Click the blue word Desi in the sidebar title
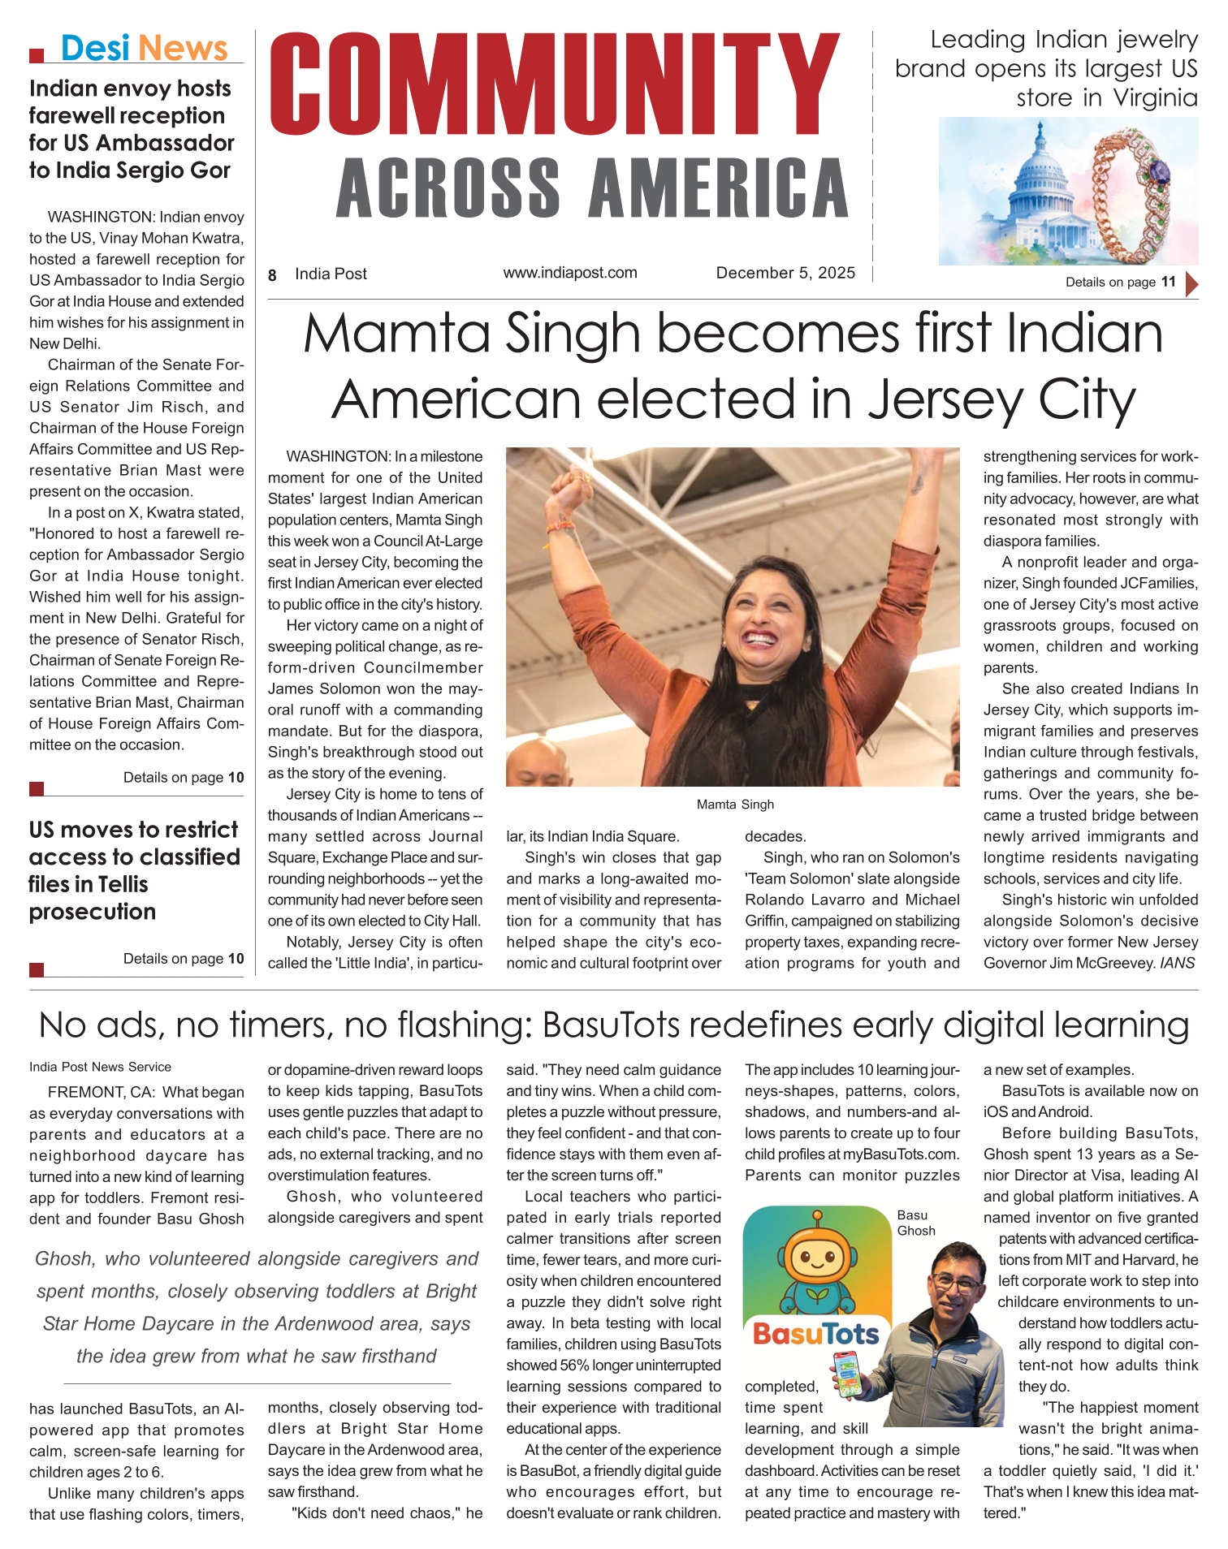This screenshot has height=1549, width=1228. click(x=95, y=49)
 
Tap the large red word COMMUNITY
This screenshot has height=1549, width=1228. click(x=555, y=85)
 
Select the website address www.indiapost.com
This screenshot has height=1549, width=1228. click(x=570, y=273)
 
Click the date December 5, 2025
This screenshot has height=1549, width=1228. click(x=785, y=273)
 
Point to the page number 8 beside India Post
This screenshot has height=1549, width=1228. click(x=273, y=275)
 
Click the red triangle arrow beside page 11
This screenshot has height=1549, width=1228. click(x=1191, y=284)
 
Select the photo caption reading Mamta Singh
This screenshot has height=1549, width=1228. click(x=735, y=805)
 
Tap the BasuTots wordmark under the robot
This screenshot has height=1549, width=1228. click(x=815, y=1334)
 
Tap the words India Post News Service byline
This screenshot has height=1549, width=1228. click(x=100, y=1067)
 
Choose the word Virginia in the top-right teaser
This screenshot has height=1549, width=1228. click(x=1155, y=98)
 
